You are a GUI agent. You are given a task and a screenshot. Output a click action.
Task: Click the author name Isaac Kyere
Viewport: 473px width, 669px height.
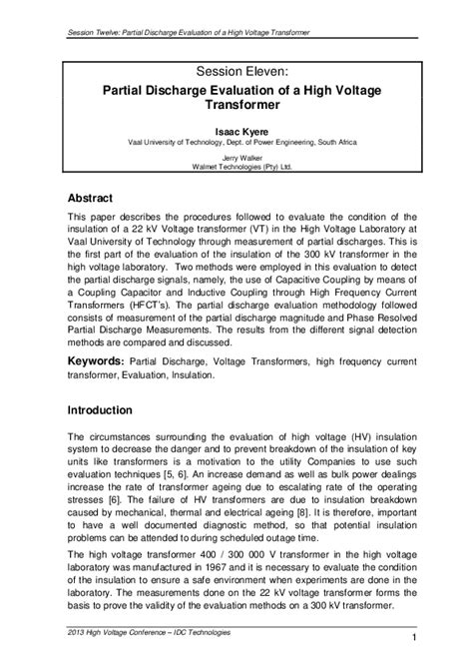click(235, 131)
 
